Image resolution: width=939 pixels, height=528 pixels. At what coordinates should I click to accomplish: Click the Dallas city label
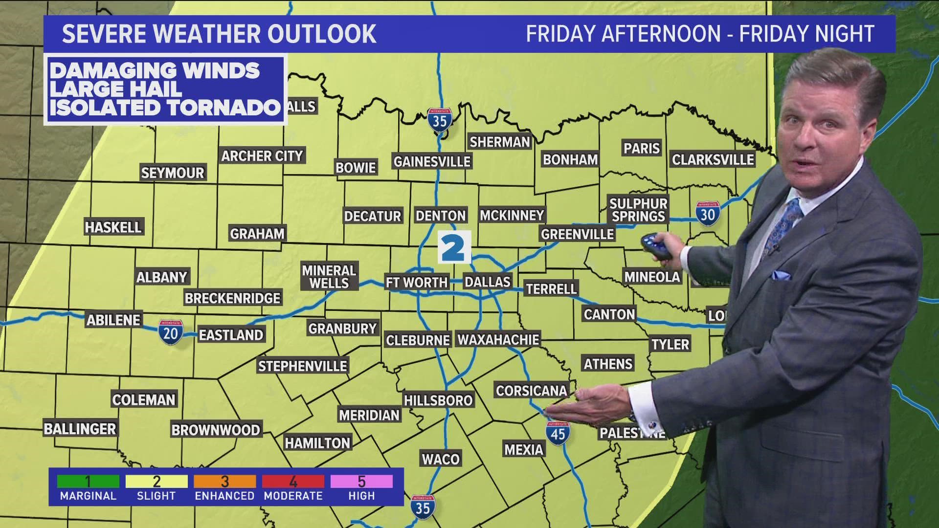tap(487, 282)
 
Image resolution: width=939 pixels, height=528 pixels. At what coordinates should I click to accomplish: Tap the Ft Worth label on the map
tap(417, 282)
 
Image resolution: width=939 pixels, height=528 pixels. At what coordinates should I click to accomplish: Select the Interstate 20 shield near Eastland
tap(170, 332)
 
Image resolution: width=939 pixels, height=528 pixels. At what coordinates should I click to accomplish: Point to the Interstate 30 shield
tap(707, 214)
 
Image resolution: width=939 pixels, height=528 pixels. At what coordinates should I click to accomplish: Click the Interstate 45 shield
tap(558, 433)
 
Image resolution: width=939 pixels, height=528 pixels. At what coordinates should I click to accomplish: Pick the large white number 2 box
tap(454, 247)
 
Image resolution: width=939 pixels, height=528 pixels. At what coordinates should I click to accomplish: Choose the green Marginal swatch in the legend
tap(88, 482)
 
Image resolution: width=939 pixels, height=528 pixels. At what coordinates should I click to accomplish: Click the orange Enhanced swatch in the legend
tap(224, 482)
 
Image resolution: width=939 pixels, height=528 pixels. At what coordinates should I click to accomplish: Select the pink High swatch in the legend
tap(361, 482)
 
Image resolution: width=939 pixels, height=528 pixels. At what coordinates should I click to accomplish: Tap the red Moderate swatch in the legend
tap(293, 482)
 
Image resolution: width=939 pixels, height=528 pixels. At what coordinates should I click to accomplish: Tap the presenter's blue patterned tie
tap(783, 225)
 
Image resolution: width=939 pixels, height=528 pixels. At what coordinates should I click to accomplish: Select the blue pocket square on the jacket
tap(781, 275)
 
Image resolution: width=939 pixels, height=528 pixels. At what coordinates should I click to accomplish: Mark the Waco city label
tap(441, 459)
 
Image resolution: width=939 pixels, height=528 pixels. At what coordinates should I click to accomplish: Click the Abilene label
tap(113, 320)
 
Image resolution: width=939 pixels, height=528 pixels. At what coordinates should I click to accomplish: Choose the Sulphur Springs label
tap(638, 210)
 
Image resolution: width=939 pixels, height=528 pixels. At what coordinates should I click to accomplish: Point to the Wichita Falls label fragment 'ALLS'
tap(301, 107)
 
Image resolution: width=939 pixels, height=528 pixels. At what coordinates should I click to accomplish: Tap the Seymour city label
tap(172, 173)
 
